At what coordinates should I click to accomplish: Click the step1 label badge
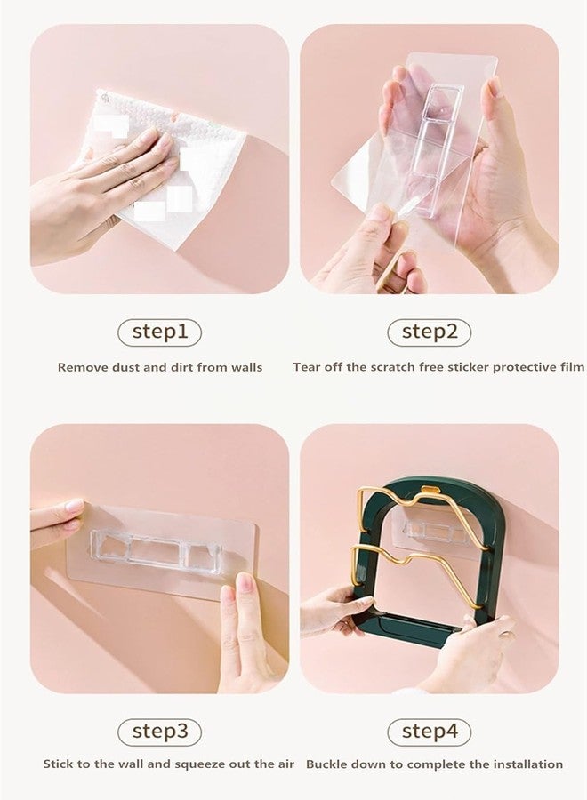[160, 332]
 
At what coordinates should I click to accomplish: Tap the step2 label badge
[430, 332]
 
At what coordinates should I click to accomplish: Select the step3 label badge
[160, 732]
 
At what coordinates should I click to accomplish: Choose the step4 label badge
[430, 732]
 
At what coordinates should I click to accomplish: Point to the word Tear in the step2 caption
[306, 367]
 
